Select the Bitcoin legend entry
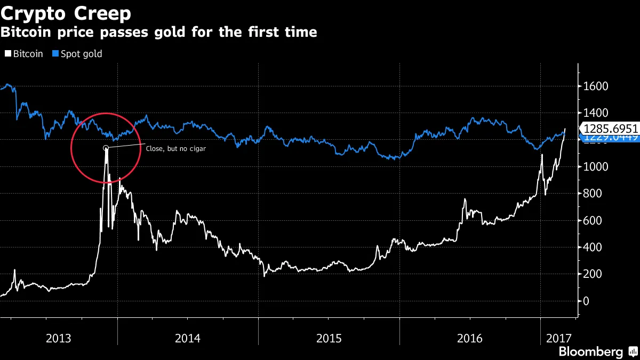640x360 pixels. point(24,54)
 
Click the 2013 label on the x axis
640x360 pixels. point(59,338)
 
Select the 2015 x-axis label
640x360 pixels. point(329,338)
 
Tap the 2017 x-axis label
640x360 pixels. point(558,338)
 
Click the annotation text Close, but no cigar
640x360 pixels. point(175,149)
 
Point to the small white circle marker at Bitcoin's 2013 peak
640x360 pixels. point(106,148)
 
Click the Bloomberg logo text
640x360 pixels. point(590,351)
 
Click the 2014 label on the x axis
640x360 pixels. point(187,338)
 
